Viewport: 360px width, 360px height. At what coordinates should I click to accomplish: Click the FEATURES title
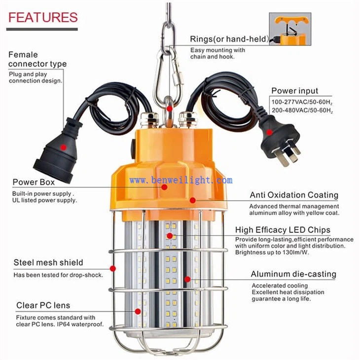[x=43, y=17]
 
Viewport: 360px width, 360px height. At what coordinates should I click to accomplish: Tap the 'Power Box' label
[x=34, y=182]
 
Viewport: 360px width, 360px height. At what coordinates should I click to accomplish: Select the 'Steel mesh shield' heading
[x=48, y=262]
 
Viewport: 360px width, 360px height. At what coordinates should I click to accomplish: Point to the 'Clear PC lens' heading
[x=43, y=305]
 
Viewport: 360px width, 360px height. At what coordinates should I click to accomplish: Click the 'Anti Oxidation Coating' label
[x=294, y=195]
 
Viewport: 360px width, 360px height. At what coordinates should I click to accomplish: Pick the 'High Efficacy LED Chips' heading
[x=283, y=230]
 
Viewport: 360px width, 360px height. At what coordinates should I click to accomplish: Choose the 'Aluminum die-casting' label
[x=293, y=274]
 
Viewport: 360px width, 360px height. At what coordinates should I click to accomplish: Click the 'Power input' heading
[x=295, y=91]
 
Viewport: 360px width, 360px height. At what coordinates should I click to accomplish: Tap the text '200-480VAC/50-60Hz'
[x=302, y=110]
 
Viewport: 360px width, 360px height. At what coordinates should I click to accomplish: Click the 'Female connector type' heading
[x=37, y=59]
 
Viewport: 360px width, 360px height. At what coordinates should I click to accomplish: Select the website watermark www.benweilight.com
[x=181, y=180]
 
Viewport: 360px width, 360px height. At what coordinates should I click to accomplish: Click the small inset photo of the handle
[x=290, y=29]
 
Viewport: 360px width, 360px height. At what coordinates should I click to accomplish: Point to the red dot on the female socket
[x=64, y=147]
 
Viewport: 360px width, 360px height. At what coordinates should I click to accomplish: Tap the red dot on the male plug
[x=270, y=132]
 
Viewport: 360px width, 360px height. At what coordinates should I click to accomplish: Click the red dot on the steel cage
[x=113, y=268]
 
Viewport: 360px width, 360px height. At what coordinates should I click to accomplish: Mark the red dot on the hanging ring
[x=170, y=108]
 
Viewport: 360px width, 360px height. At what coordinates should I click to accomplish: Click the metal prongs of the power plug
[x=290, y=154]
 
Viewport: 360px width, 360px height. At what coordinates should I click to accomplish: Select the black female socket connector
[x=58, y=150]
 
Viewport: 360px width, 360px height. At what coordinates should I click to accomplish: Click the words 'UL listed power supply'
[x=44, y=200]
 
